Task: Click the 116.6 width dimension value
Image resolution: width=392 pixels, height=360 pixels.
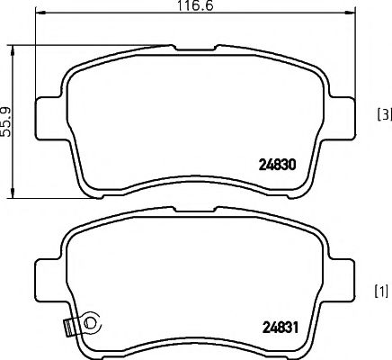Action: (190, 7)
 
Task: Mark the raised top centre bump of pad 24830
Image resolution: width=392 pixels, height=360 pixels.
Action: (192, 44)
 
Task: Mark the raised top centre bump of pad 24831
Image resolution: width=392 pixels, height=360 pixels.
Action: (192, 210)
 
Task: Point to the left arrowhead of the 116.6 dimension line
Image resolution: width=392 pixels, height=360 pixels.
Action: (38, 16)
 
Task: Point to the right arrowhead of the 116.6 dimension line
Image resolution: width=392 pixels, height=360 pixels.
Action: (345, 16)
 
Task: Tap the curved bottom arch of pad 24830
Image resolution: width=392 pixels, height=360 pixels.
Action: (192, 183)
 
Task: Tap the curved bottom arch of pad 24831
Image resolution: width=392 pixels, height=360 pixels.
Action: (192, 346)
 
